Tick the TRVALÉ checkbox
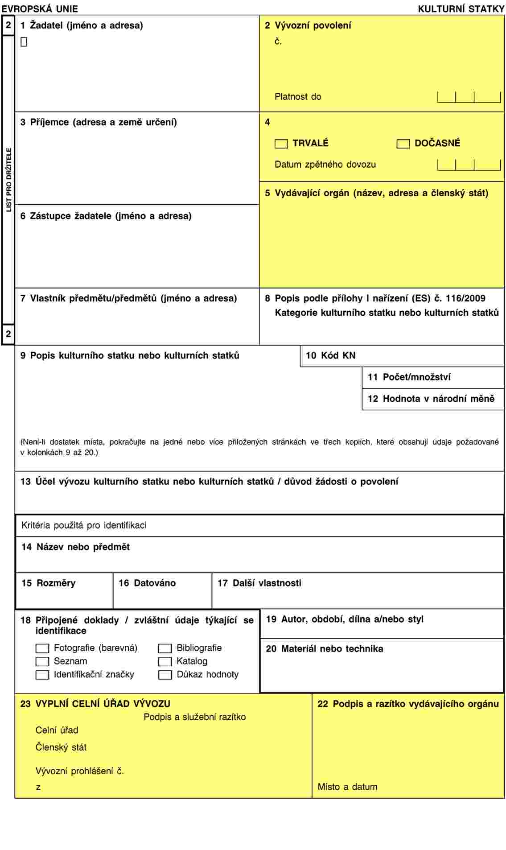click(x=281, y=144)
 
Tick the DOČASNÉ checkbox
click(x=403, y=144)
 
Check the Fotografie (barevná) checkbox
click(x=42, y=648)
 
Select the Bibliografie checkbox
click(x=165, y=648)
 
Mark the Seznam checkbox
click(x=42, y=661)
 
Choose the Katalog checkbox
click(x=165, y=661)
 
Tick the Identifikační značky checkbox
click(x=42, y=675)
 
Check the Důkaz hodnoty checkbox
click(x=165, y=675)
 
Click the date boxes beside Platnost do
click(x=469, y=97)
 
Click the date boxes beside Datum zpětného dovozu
click(x=469, y=165)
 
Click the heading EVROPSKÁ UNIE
click(x=40, y=8)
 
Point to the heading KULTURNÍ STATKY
click(x=461, y=8)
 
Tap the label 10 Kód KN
click(x=330, y=355)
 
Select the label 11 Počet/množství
click(x=409, y=377)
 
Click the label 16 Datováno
click(x=147, y=583)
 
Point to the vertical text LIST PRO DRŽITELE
click(x=8, y=180)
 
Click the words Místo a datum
click(x=347, y=787)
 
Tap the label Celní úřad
click(x=57, y=730)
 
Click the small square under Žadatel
click(x=24, y=42)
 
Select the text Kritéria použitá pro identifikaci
click(x=84, y=525)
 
